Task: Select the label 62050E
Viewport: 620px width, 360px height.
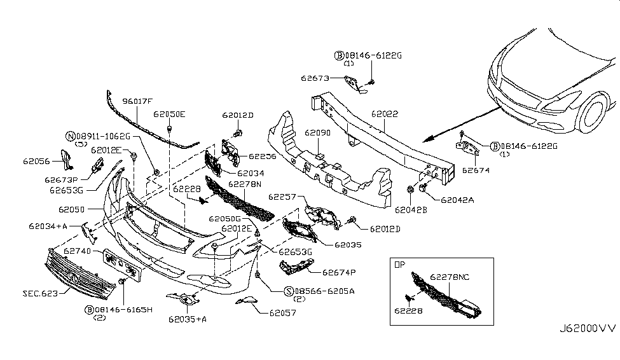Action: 169,114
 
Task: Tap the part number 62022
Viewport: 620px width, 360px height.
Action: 385,114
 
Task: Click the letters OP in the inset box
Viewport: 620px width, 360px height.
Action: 400,263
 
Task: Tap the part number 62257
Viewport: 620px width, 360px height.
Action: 282,197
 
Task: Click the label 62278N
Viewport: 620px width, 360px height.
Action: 245,183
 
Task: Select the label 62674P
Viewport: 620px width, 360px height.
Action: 339,272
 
